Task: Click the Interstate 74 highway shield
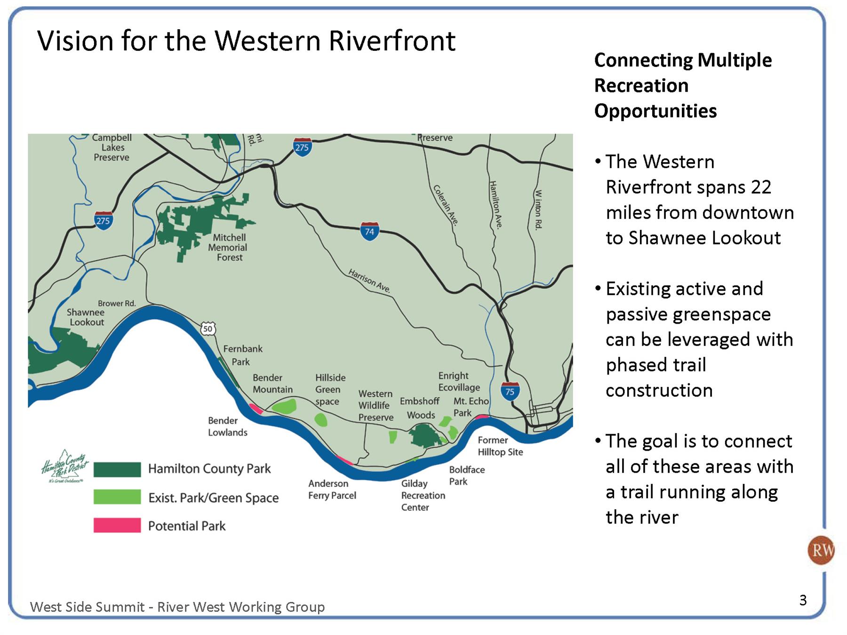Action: coord(370,231)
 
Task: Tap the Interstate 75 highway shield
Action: coord(510,391)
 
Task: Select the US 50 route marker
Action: coord(208,328)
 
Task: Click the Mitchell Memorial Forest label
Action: coord(229,247)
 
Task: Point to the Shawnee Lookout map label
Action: coord(86,317)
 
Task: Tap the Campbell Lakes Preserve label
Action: coord(112,148)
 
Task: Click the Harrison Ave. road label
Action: coord(370,281)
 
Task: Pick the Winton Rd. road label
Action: coord(539,209)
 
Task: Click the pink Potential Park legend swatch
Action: coord(117,525)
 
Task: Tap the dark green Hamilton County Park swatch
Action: coord(117,469)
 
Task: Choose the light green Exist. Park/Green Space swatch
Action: coord(117,497)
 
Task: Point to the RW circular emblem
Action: coord(821,550)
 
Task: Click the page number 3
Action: coord(803,600)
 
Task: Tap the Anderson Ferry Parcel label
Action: coord(332,489)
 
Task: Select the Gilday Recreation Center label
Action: coord(423,495)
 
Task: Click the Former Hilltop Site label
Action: coord(500,446)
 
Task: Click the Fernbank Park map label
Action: coord(243,355)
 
